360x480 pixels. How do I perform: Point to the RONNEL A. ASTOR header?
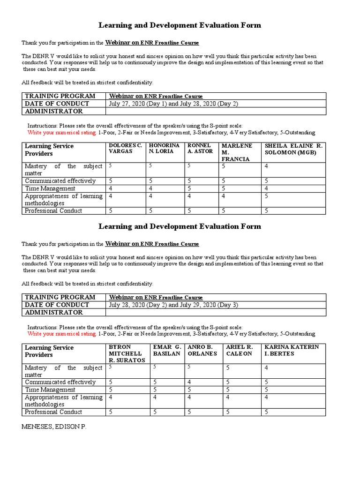200,149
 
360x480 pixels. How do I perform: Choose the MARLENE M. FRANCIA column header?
237,152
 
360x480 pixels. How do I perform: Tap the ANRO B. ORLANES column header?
202,350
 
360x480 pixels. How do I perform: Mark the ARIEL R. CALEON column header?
239,350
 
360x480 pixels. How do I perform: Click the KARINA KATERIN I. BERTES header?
292,350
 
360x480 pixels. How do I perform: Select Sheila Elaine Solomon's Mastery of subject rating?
266,166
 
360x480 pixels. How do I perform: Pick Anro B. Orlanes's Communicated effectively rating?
189,382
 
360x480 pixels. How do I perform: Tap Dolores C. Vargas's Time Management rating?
111,188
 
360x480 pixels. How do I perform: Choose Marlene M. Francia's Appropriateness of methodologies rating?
224,196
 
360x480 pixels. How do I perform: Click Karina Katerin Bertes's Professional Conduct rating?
266,412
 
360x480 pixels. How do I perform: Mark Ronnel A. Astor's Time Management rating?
189,188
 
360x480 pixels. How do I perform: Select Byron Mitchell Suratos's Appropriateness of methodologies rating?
111,397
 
